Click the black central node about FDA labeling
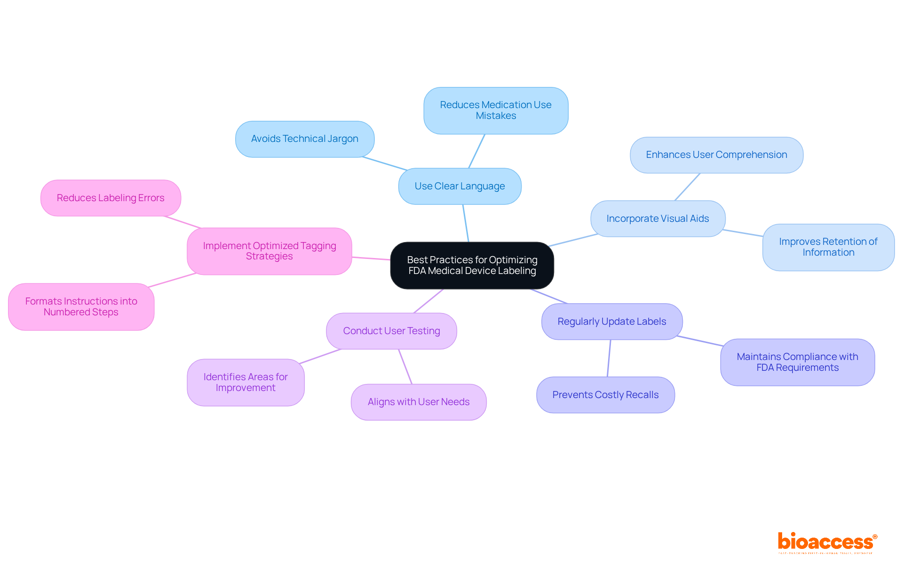point(472,265)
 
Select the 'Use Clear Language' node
point(459,186)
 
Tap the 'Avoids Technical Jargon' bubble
point(304,139)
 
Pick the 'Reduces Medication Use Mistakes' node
point(496,110)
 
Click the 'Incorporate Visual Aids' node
point(657,219)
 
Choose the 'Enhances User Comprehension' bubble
point(716,155)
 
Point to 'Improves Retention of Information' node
point(828,247)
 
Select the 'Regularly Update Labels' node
point(611,321)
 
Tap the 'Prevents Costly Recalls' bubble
point(605,395)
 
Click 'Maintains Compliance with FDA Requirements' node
point(797,362)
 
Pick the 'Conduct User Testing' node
point(391,331)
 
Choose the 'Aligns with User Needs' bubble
point(419,402)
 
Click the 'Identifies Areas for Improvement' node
point(246,383)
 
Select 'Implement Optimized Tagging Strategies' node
point(269,251)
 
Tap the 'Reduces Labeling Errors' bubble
point(111,198)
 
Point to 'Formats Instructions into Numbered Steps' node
point(81,306)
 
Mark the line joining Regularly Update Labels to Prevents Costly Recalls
point(609,358)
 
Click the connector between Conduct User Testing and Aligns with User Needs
point(405,367)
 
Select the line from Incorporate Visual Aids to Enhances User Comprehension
point(688,187)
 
